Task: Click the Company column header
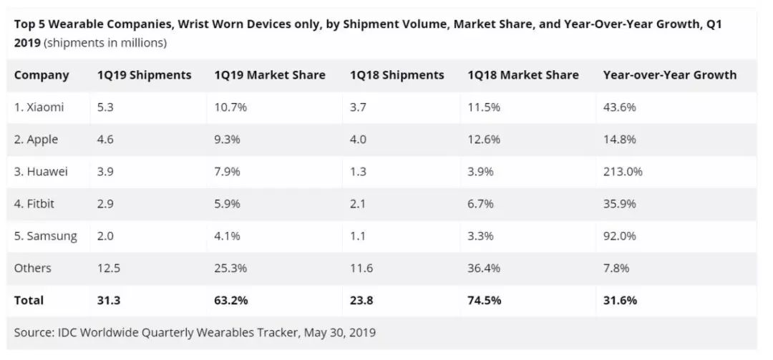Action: [x=42, y=75]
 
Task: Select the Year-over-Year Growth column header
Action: [x=669, y=75]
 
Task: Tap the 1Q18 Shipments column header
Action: [x=397, y=75]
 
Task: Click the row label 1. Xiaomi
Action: [x=39, y=107]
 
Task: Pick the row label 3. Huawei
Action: [x=42, y=172]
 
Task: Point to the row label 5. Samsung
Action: [x=45, y=236]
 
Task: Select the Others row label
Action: [x=33, y=268]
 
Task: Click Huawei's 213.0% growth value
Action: [x=623, y=172]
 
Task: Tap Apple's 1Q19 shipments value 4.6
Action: [x=107, y=140]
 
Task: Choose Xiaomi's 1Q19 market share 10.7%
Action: [x=230, y=107]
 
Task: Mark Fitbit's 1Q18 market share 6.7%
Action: [x=483, y=204]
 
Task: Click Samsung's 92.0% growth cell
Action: [x=620, y=236]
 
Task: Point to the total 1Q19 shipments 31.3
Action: [x=109, y=301]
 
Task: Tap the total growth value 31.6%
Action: [x=620, y=301]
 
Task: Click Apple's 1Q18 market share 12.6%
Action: [x=485, y=140]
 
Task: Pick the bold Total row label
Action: [x=29, y=301]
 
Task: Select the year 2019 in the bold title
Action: [x=27, y=43]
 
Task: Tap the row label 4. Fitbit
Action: [x=34, y=204]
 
